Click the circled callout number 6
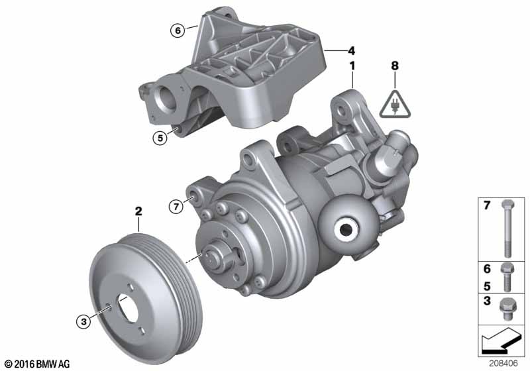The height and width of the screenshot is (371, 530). tap(178, 30)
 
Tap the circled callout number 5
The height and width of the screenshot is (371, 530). tap(160, 138)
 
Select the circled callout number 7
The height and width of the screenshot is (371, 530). tap(176, 206)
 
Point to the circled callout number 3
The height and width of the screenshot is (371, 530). tap(83, 321)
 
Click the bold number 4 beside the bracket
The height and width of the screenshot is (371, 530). tap(352, 51)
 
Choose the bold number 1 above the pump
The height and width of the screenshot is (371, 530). tap(352, 66)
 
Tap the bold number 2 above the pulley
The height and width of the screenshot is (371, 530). tap(138, 211)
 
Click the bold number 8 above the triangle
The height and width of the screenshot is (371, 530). tap(395, 66)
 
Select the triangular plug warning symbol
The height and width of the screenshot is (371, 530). tap(395, 105)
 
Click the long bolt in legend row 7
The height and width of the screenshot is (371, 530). tap(507, 228)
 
